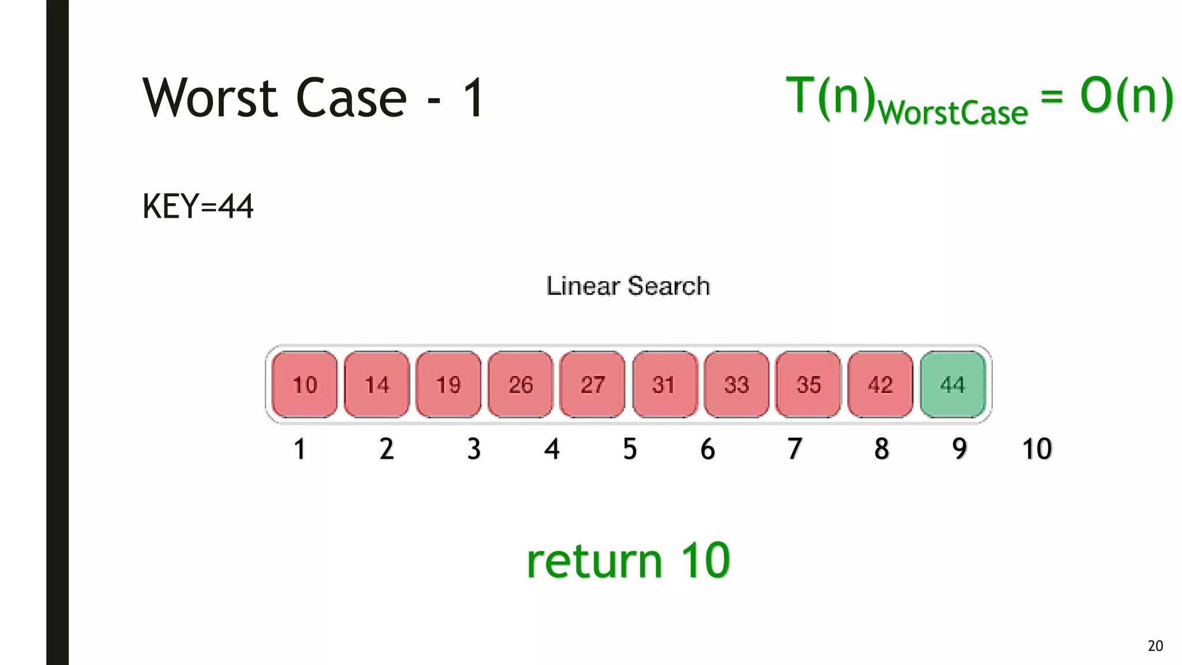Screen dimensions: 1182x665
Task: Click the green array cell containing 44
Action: point(952,384)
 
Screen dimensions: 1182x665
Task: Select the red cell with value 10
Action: point(305,384)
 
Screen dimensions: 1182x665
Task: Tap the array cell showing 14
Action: point(377,384)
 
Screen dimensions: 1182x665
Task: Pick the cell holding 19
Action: point(448,384)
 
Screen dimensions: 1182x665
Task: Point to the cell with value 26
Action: point(521,384)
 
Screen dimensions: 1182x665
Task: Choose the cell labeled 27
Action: point(592,384)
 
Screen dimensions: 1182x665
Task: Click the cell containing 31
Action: point(664,384)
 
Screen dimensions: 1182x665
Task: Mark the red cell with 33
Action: point(736,384)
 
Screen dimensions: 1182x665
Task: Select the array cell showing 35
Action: point(808,384)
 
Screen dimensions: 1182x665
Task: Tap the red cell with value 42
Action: point(880,384)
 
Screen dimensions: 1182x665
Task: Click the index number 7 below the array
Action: point(795,449)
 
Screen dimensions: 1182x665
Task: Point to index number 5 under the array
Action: point(630,449)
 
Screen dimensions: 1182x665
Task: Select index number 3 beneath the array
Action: point(474,449)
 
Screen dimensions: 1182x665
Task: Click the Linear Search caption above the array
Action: point(628,286)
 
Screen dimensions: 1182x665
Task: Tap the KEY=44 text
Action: point(197,207)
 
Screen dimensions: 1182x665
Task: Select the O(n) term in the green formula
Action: point(1126,96)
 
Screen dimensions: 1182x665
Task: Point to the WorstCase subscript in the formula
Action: point(953,113)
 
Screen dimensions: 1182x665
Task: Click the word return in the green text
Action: point(594,561)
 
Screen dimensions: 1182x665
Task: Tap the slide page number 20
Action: point(1155,645)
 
